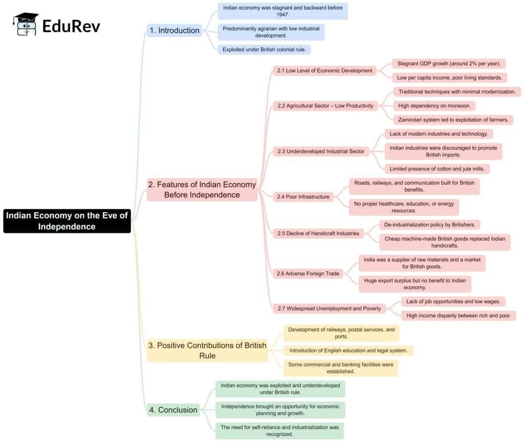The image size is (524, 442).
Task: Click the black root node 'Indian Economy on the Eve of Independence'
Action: [67, 221]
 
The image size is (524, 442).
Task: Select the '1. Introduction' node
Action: [174, 30]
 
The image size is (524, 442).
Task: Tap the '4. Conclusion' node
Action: [173, 410]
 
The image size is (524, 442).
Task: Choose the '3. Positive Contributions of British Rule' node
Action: [207, 350]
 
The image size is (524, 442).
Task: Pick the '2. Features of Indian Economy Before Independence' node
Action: [202, 190]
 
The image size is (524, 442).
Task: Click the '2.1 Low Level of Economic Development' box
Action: [324, 71]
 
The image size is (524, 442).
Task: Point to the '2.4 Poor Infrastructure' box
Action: [303, 197]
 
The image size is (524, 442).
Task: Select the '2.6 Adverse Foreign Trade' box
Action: [308, 273]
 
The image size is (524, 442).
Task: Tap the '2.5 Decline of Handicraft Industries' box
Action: [318, 234]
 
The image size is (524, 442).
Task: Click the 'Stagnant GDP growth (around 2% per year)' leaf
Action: [449, 64]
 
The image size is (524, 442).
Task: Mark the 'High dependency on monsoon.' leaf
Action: [434, 106]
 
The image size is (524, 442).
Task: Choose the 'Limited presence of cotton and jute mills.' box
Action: [437, 169]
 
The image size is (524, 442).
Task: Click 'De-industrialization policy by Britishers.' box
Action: [430, 224]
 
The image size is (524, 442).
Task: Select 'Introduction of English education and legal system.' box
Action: [348, 351]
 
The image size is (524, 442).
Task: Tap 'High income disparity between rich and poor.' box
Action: [458, 315]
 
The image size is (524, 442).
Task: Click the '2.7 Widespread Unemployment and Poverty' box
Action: [329, 308]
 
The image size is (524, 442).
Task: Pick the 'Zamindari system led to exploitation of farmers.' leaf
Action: [453, 120]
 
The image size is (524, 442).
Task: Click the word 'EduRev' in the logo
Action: [71, 26]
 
